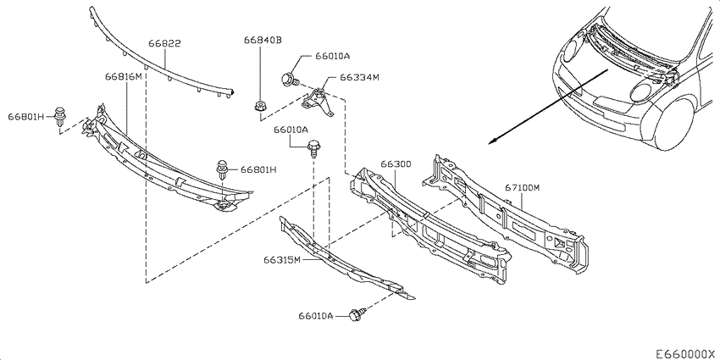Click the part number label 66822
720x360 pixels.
[x=164, y=43]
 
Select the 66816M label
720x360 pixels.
[x=124, y=77]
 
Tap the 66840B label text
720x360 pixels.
[x=263, y=41]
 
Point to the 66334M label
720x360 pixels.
[x=359, y=77]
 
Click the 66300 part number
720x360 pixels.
[x=396, y=164]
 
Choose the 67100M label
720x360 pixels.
[x=522, y=187]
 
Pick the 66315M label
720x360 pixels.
[x=282, y=260]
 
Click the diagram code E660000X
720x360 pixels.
[x=685, y=353]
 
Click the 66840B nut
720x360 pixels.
[x=260, y=106]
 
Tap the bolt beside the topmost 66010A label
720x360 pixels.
[x=290, y=80]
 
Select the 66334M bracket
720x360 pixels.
[x=318, y=101]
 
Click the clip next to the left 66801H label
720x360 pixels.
[x=59, y=117]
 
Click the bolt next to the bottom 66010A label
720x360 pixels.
[x=357, y=314]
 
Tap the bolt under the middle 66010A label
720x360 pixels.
[x=313, y=147]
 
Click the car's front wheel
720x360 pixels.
[x=674, y=124]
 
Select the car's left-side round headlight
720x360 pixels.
[x=570, y=51]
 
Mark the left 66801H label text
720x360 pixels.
[x=25, y=117]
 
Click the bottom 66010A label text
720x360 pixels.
[x=315, y=315]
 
